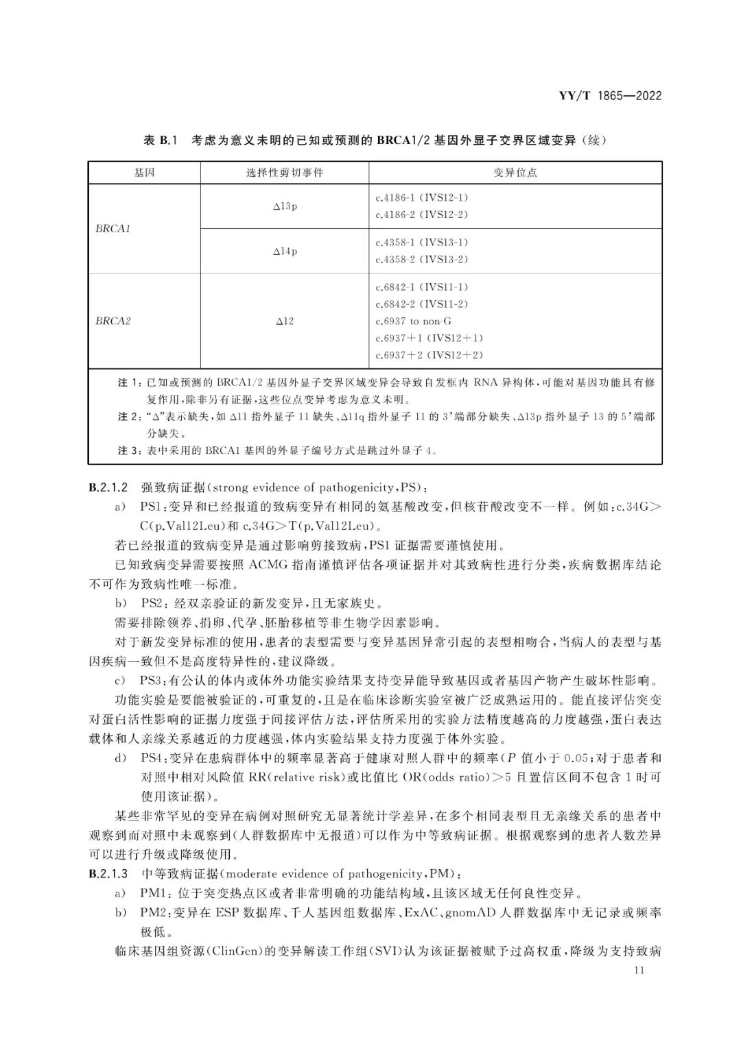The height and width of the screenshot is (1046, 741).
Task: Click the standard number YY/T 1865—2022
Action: (x=610, y=96)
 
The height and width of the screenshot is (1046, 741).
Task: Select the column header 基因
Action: (x=144, y=173)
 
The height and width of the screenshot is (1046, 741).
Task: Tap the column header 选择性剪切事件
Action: (x=284, y=173)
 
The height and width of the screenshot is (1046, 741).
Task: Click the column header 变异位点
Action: (x=515, y=173)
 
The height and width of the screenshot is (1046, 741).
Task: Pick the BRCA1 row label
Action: (x=113, y=229)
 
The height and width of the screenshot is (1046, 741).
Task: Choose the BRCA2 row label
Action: (x=113, y=321)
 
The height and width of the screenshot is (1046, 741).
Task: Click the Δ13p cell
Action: (x=285, y=206)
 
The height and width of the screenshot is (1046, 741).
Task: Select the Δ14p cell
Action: (x=285, y=251)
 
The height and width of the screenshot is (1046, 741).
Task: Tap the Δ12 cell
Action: (x=285, y=321)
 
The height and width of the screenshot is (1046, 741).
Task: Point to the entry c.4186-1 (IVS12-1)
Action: (x=422, y=198)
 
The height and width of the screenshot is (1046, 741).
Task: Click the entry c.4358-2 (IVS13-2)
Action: (x=422, y=259)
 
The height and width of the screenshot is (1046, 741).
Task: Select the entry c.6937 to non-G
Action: (x=414, y=321)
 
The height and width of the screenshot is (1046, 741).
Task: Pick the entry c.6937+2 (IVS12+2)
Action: (x=430, y=355)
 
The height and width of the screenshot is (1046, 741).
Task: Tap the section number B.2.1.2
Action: (x=108, y=488)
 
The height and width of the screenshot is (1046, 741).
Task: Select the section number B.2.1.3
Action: (x=108, y=874)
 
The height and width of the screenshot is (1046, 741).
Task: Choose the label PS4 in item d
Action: (x=152, y=758)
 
